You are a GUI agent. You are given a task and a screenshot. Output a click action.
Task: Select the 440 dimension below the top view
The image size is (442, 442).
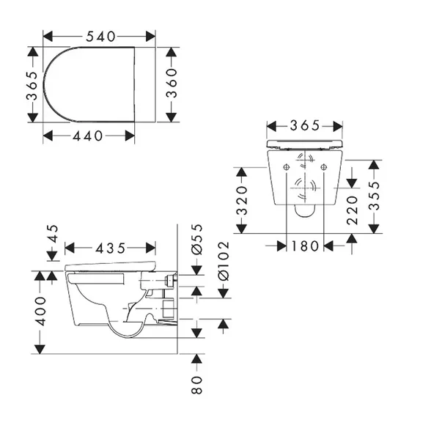89,136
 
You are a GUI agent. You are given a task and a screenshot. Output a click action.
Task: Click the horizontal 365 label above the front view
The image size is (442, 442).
305,125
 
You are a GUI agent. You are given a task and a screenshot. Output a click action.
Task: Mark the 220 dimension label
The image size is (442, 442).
351,210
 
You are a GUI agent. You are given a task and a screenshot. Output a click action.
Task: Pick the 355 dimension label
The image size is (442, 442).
374,196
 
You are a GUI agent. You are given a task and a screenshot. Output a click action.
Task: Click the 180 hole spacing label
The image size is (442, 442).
305,246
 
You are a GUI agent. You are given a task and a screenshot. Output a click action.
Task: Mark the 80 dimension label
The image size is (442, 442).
196,383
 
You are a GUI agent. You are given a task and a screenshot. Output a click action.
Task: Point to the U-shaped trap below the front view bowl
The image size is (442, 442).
303,212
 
